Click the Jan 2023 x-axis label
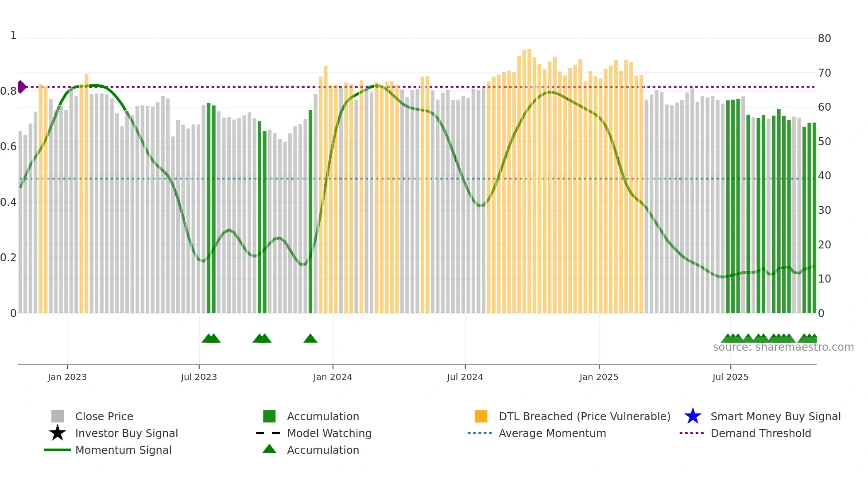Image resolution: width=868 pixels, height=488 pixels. coord(67,377)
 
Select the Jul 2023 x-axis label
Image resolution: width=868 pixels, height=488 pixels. coord(199,377)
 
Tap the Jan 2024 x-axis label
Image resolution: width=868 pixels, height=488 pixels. coord(333,377)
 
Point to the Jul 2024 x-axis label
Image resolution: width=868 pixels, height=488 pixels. coord(465,377)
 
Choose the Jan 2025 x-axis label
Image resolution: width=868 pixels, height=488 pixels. coord(599,377)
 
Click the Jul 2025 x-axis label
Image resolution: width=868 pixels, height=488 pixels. coord(730,377)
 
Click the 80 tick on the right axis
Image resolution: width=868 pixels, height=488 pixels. coord(824,39)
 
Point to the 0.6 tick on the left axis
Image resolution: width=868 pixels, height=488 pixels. coord(8,147)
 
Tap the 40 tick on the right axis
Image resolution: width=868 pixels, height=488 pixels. coord(824,176)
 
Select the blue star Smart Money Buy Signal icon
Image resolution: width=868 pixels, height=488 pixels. coord(693,416)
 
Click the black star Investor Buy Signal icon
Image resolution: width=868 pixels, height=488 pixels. coord(58,433)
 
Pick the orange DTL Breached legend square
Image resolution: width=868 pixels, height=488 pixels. coord(481,416)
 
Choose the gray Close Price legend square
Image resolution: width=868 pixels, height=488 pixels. coord(58,416)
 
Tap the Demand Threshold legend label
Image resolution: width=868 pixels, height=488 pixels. coord(761,433)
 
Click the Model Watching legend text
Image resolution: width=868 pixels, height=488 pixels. coord(329,433)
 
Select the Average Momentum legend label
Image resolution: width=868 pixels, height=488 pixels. coord(552,433)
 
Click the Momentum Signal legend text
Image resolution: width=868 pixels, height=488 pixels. coord(123,450)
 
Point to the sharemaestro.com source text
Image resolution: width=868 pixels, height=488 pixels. coord(783,347)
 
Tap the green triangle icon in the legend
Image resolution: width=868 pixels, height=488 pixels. coord(269,449)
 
